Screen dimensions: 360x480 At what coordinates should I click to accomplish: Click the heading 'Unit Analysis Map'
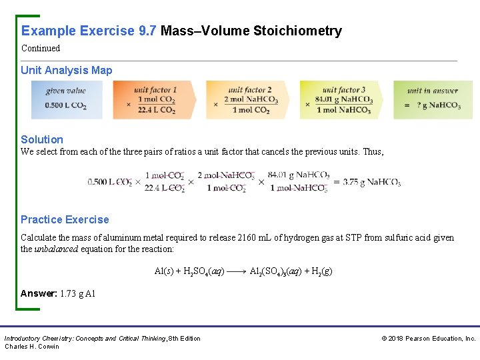coord(66,70)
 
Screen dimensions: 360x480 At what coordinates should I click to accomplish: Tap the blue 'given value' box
coord(66,100)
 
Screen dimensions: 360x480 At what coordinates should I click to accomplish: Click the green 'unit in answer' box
coord(433,100)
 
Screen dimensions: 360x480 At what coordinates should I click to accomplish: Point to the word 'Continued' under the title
coord(41,48)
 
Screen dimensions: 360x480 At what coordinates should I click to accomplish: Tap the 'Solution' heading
coord(42,139)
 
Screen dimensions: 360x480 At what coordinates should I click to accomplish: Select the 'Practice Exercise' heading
coord(65,219)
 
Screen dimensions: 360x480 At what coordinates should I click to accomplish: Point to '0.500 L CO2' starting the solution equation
coord(110,182)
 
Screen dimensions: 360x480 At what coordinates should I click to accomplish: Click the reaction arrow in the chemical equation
coord(236,272)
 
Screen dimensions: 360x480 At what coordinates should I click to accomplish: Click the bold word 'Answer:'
coord(39,293)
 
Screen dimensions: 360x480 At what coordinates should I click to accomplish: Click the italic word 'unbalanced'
coord(57,249)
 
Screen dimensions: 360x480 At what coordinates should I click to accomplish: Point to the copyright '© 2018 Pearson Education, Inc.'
coord(428,339)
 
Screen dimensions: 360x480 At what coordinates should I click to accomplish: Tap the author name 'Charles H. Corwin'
coord(32,346)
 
